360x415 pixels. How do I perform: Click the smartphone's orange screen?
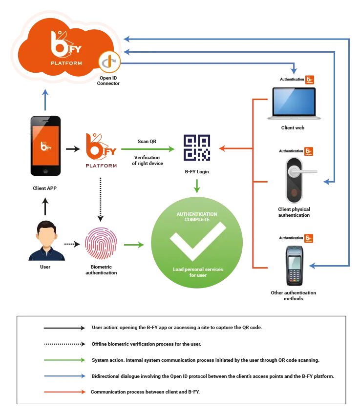tap(45, 145)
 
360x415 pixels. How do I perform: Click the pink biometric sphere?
tap(101, 243)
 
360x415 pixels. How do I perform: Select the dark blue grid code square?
tap(197, 148)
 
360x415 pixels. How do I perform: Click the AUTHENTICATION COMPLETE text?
tap(197, 217)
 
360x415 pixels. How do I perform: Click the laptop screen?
tap(294, 102)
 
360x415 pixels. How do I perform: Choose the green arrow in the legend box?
tap(64, 360)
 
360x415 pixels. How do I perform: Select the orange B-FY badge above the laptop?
tap(309, 80)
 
